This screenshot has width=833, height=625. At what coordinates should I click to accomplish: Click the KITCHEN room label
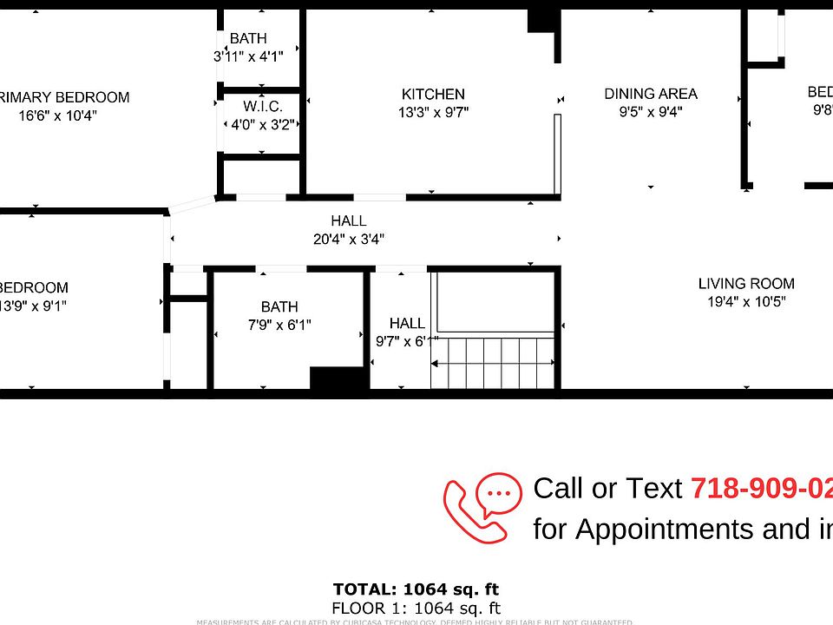tap(433, 94)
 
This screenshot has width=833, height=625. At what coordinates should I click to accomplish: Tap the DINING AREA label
tap(651, 94)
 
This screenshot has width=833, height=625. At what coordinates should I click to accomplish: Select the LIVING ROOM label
tap(746, 284)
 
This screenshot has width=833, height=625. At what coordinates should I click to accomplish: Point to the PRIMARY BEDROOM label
tap(64, 97)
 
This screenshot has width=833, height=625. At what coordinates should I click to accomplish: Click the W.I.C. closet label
tap(262, 106)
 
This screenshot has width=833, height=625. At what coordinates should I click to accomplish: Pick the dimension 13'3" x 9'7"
tap(433, 112)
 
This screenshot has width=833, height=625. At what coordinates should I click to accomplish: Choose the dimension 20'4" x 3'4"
tap(349, 239)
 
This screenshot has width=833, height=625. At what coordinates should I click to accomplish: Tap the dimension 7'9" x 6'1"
tap(279, 325)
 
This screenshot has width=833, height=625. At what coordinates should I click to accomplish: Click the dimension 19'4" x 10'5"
tap(746, 302)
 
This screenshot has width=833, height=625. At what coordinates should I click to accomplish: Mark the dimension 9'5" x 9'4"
tap(651, 112)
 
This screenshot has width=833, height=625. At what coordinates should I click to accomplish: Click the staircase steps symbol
tap(493, 363)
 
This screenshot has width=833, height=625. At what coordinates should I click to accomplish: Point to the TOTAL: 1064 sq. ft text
tap(416, 590)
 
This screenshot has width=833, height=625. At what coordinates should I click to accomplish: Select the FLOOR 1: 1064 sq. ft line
tap(416, 609)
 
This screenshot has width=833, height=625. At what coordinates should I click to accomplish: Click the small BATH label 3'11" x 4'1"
tap(248, 38)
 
